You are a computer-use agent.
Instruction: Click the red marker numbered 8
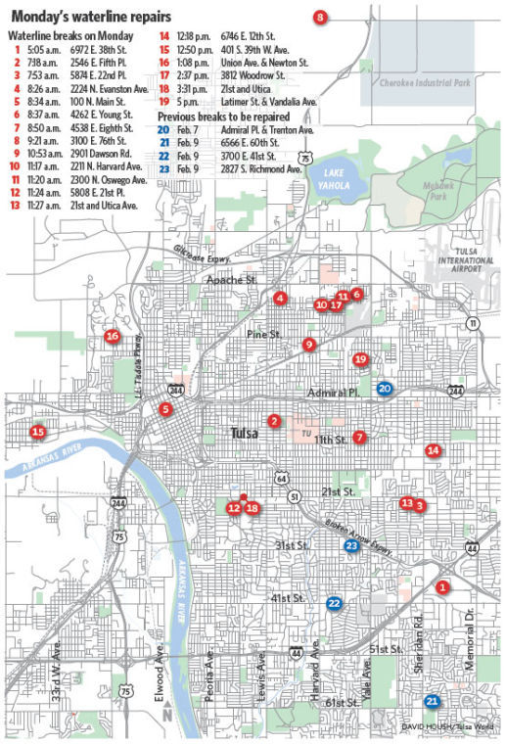(x=320, y=16)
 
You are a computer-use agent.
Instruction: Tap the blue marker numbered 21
(x=432, y=701)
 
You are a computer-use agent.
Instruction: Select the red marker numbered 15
(x=38, y=432)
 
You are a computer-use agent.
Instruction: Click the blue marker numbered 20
(x=385, y=389)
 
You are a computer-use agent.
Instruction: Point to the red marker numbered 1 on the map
(x=441, y=587)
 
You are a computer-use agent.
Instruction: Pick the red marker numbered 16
(x=113, y=337)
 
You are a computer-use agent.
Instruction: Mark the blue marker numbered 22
(x=334, y=604)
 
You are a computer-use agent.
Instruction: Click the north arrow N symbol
(x=166, y=715)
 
